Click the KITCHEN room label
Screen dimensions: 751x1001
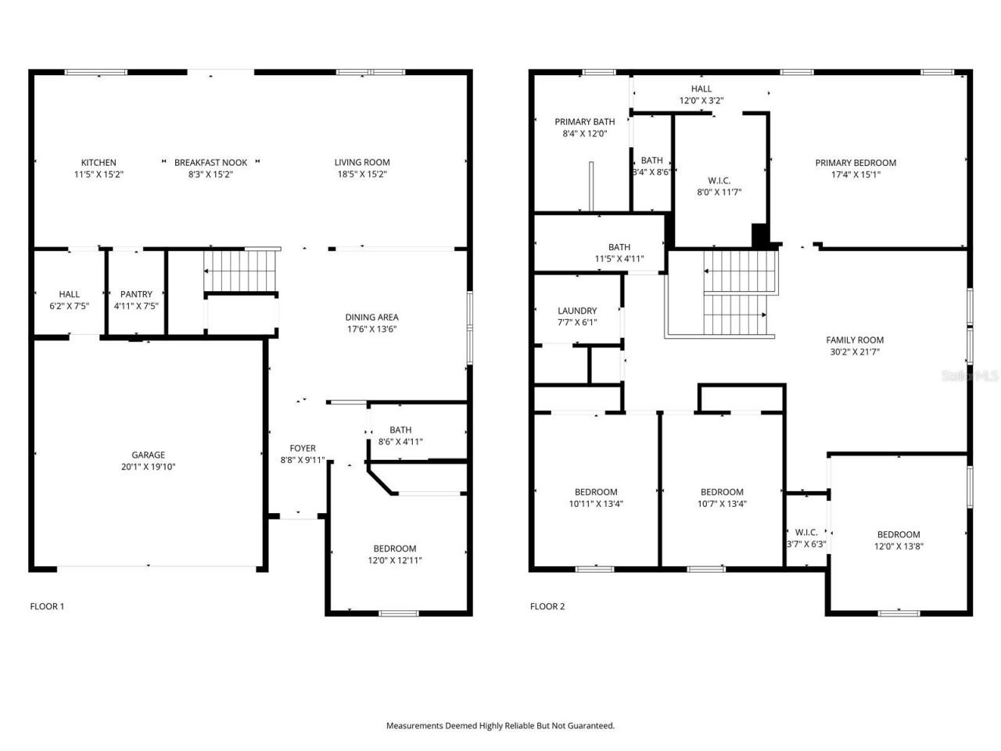pyautogui.click(x=99, y=163)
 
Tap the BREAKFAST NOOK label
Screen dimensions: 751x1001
pyautogui.click(x=210, y=163)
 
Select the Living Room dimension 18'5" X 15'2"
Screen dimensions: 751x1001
pyautogui.click(x=362, y=174)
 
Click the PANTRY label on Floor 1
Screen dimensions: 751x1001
pyautogui.click(x=136, y=294)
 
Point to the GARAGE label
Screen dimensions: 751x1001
pyautogui.click(x=148, y=455)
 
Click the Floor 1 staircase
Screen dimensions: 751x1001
pyautogui.click(x=241, y=270)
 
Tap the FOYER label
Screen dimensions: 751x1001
pyautogui.click(x=303, y=448)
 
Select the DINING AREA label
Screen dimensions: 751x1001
pyautogui.click(x=371, y=317)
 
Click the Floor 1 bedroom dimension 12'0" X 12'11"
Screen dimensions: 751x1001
pyautogui.click(x=395, y=560)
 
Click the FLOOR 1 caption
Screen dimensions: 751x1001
pyautogui.click(x=47, y=606)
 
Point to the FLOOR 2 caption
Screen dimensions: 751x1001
pyautogui.click(x=547, y=606)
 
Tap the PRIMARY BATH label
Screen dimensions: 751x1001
pyautogui.click(x=584, y=121)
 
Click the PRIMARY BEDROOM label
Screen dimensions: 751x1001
pyautogui.click(x=856, y=163)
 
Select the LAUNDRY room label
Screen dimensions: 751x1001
pyautogui.click(x=577, y=311)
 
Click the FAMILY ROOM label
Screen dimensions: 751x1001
pyautogui.click(x=855, y=340)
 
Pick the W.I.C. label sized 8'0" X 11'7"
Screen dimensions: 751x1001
pyautogui.click(x=719, y=180)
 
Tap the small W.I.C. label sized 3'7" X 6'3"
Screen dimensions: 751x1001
pyautogui.click(x=806, y=532)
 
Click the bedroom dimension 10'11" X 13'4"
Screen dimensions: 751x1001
pyautogui.click(x=596, y=504)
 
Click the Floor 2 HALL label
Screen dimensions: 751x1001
pyautogui.click(x=701, y=88)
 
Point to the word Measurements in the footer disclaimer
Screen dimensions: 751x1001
pyautogui.click(x=414, y=726)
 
